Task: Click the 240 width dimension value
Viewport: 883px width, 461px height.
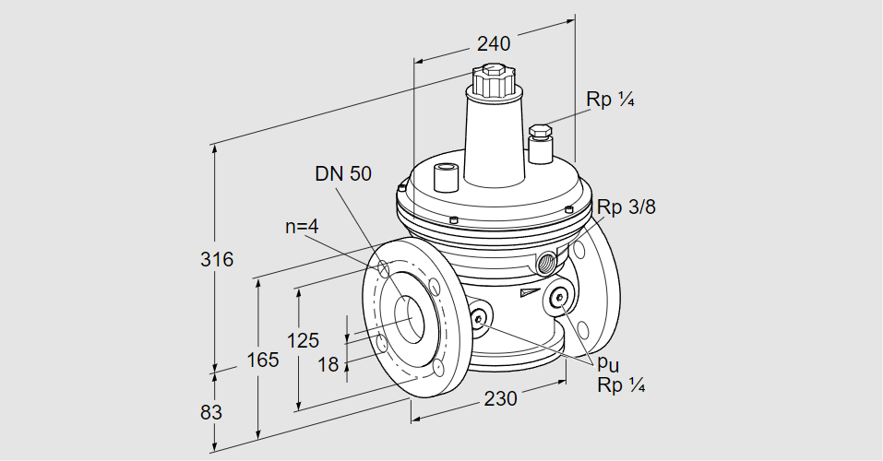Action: coord(494,43)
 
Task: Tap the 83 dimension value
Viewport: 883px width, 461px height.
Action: coord(211,412)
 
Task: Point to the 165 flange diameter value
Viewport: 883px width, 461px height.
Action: coord(262,361)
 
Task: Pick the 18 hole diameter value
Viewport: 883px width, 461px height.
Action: coord(328,364)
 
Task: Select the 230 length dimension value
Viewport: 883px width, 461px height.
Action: coord(501,398)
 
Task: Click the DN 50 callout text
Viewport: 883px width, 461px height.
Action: coord(343,173)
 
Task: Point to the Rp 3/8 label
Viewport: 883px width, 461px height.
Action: coord(626,207)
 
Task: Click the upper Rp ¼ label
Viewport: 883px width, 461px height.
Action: coord(610,100)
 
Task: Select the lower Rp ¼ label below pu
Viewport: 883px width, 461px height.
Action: coord(620,384)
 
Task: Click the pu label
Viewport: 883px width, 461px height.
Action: coord(607,363)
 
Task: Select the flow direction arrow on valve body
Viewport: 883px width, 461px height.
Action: coord(529,292)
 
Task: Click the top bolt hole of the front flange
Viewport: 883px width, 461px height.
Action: coord(382,269)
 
